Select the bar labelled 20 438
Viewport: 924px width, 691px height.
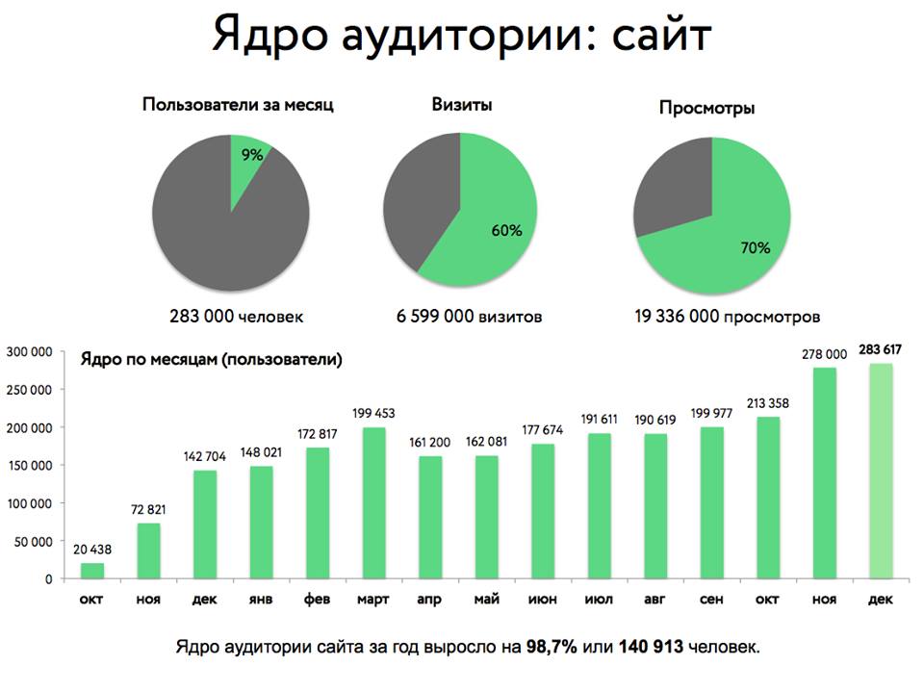coord(92,571)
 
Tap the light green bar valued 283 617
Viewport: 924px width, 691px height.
coord(881,472)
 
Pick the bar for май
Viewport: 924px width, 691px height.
coord(486,517)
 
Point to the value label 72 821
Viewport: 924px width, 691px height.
coord(148,510)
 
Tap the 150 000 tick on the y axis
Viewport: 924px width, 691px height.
coord(32,465)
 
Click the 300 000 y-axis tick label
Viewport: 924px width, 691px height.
coord(32,352)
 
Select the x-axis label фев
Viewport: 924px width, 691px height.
coord(317,599)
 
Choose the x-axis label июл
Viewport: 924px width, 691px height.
coord(598,599)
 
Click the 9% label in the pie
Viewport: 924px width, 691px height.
coord(251,154)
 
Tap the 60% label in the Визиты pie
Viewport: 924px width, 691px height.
coord(507,231)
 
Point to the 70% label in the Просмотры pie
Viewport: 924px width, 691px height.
coord(756,247)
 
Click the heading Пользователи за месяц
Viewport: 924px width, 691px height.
coord(238,104)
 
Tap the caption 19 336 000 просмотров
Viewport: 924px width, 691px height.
coord(728,316)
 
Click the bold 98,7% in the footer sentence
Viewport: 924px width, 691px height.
coord(552,646)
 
